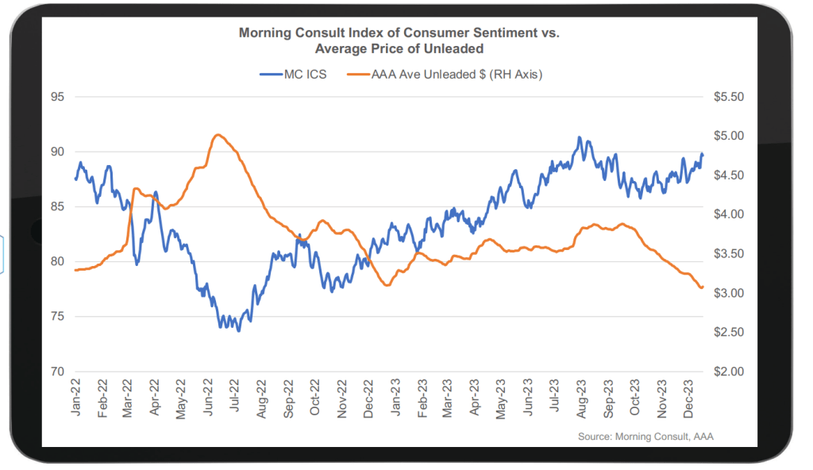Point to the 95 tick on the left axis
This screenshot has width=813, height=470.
(58, 97)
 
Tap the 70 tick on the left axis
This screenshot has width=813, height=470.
(58, 372)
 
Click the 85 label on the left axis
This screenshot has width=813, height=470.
(58, 206)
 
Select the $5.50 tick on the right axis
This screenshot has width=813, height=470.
(729, 97)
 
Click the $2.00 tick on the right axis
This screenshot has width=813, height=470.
(729, 372)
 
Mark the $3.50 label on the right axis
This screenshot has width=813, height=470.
(729, 254)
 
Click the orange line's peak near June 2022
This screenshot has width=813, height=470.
(218, 135)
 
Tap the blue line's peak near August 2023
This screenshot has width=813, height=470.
(580, 137)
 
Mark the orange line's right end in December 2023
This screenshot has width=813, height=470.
(703, 287)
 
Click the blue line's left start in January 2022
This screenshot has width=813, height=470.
(76, 179)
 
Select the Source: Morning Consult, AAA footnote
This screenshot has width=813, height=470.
(645, 437)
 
